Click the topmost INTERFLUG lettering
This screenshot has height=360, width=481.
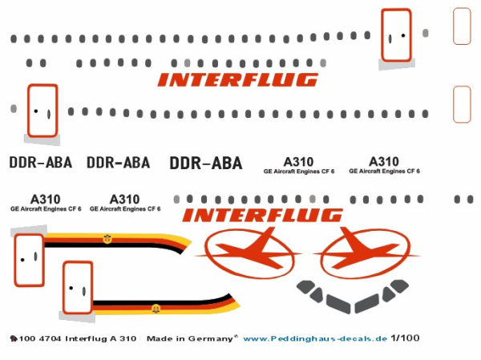point(237,79)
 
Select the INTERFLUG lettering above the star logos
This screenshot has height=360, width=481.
point(262,215)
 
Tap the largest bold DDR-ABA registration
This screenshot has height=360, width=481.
point(205,164)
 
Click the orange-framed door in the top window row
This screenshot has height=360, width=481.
point(395,34)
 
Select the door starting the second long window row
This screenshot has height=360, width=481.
point(42,111)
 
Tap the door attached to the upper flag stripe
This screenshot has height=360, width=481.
point(27,258)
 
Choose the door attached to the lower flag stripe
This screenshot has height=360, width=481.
point(77,288)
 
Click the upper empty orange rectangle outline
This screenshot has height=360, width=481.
point(462,26)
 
